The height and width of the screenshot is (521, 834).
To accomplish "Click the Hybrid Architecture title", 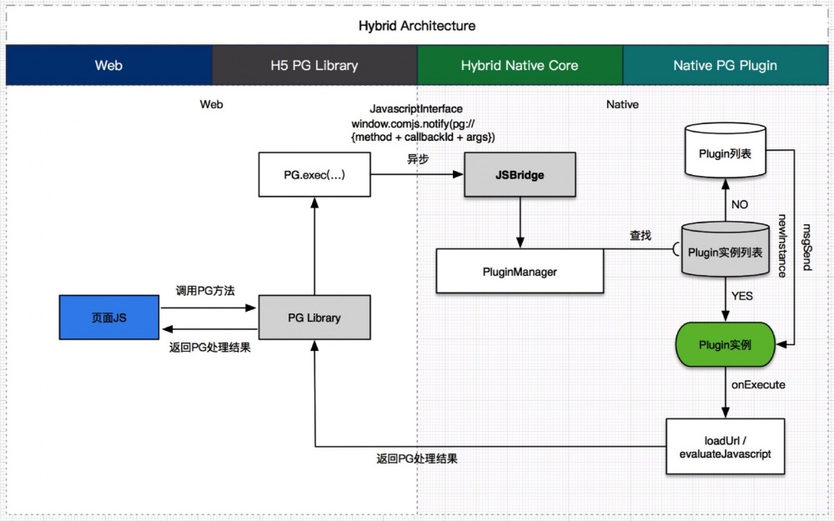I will [x=417, y=25].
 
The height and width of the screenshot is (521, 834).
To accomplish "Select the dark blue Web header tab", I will [x=108, y=65].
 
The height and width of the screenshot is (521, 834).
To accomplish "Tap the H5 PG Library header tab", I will [x=314, y=65].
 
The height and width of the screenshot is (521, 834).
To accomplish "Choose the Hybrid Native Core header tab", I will [x=519, y=65].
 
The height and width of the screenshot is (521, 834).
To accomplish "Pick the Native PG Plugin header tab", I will [x=725, y=65].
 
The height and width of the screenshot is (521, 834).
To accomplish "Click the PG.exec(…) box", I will [x=314, y=174].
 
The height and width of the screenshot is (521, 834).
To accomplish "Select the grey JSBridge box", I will [x=520, y=174].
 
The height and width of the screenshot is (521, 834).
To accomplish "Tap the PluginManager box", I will [x=520, y=271].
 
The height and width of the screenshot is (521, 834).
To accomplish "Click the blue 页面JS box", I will [x=108, y=318].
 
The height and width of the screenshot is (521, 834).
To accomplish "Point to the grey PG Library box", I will [x=314, y=318].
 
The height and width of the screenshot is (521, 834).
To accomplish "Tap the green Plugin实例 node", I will [x=725, y=343].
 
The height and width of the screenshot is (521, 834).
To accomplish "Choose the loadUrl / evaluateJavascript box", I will [x=725, y=447].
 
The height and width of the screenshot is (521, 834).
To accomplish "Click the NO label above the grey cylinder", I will [x=739, y=204].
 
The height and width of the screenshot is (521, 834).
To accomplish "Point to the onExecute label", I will [x=758, y=385].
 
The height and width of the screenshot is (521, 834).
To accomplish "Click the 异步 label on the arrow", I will [x=418, y=159].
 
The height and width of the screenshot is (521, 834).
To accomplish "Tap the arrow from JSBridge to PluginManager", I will [x=520, y=222].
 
